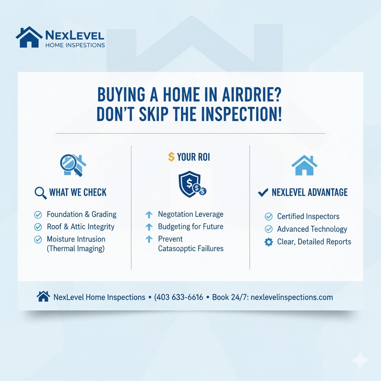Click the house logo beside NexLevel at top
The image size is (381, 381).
click(x=29, y=37)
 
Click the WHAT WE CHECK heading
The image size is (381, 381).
click(x=78, y=192)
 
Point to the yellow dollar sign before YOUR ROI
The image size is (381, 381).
click(x=171, y=157)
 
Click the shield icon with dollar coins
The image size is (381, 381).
click(x=191, y=184)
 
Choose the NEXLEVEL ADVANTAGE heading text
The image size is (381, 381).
click(x=310, y=192)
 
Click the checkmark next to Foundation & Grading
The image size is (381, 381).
click(x=38, y=215)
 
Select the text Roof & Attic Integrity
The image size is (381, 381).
click(x=81, y=227)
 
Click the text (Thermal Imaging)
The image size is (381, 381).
click(x=76, y=249)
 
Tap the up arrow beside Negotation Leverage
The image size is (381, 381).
click(x=149, y=215)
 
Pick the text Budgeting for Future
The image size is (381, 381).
click(x=190, y=227)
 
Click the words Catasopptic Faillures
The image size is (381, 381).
click(x=190, y=248)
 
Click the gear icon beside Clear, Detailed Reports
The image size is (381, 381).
click(x=268, y=242)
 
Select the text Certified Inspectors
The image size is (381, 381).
click(x=308, y=217)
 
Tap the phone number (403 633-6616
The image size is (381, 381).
click(x=179, y=297)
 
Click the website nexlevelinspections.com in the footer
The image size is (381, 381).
click(x=292, y=297)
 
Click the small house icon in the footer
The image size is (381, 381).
click(x=43, y=297)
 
